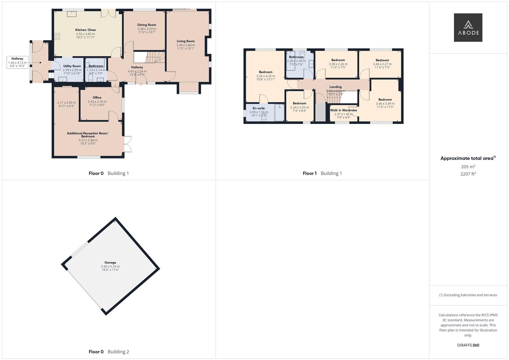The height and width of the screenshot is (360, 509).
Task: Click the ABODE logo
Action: click(x=468, y=27)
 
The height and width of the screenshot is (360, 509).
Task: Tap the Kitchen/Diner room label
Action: click(x=86, y=30)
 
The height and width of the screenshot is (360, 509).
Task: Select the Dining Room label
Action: click(x=147, y=25)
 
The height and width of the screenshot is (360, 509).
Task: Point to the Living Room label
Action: click(x=186, y=41)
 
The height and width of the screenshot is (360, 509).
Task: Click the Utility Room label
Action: click(x=72, y=66)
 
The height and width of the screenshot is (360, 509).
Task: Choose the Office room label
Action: click(x=97, y=97)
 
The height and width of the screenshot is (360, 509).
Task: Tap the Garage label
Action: click(x=110, y=263)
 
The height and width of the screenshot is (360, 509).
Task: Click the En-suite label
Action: click(x=259, y=108)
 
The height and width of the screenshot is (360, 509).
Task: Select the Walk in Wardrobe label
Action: click(x=343, y=110)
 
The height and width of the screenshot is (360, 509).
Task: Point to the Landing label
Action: click(x=335, y=87)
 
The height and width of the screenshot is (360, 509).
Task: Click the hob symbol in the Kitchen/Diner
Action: click(x=57, y=36)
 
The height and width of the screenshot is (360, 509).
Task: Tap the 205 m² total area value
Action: click(x=468, y=167)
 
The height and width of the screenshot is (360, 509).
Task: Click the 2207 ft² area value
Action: click(x=468, y=174)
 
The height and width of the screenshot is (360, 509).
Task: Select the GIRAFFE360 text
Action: click(x=468, y=345)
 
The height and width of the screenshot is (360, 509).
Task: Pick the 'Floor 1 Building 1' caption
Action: click(x=322, y=173)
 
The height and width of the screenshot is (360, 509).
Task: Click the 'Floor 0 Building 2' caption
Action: click(x=109, y=352)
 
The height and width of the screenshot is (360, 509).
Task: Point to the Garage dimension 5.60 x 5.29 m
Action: click(x=110, y=266)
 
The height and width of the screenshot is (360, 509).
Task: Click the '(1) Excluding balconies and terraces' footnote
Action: click(x=468, y=295)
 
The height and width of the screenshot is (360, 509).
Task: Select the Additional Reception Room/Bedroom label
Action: click(x=88, y=135)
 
